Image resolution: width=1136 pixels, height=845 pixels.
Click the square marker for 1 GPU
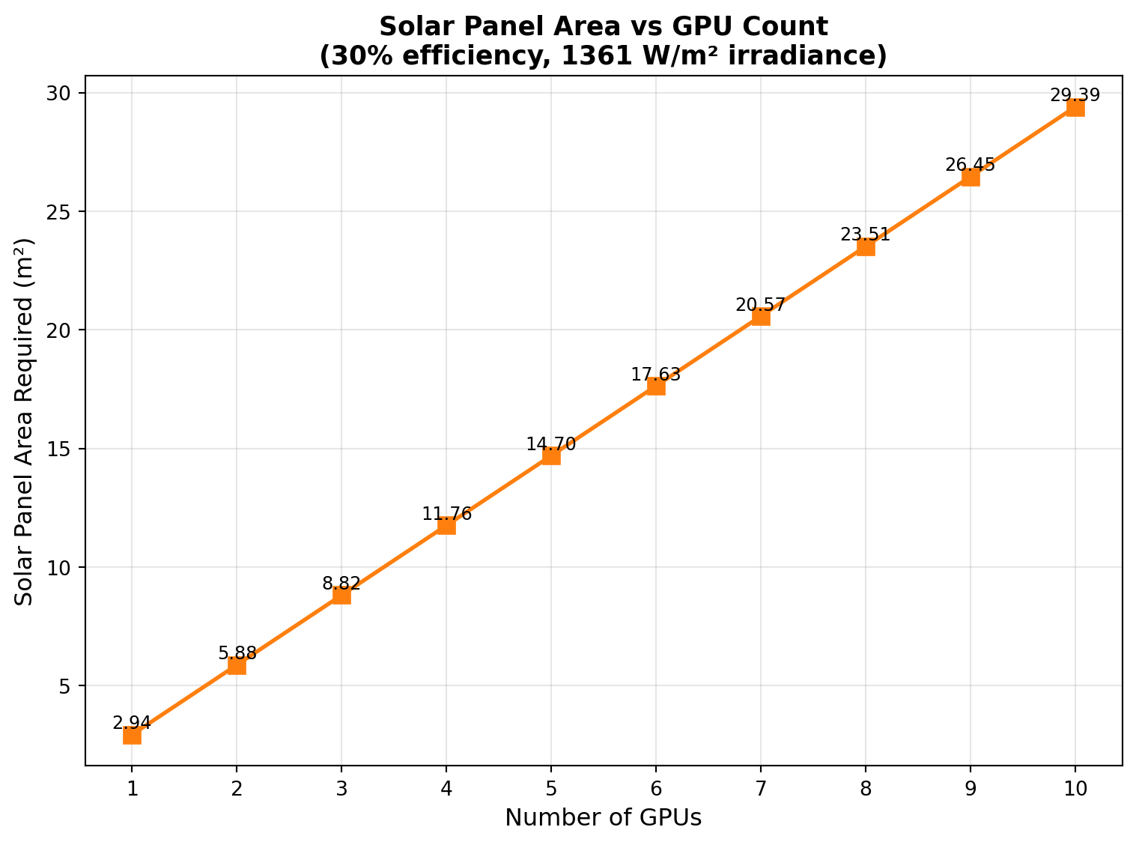click(x=132, y=735)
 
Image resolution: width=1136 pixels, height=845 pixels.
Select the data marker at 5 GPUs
click(x=551, y=455)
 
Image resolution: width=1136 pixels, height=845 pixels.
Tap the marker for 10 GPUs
click(x=1075, y=107)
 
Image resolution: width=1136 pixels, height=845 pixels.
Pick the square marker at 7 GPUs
click(x=761, y=316)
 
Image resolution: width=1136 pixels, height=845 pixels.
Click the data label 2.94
click(x=132, y=723)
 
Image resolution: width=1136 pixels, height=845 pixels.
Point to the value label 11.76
click(x=446, y=514)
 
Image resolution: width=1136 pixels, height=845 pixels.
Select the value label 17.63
click(x=656, y=375)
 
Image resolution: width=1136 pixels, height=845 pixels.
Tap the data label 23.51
click(x=866, y=234)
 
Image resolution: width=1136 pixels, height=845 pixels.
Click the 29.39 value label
click(x=1075, y=95)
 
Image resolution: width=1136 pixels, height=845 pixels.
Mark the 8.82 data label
click(x=341, y=584)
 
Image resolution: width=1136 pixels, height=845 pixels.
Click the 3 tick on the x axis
click(x=341, y=787)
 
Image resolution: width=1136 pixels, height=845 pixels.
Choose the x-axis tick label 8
click(x=866, y=787)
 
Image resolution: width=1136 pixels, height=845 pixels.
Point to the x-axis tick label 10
click(x=1075, y=787)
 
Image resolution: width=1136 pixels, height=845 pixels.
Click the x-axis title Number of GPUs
click(x=604, y=818)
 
